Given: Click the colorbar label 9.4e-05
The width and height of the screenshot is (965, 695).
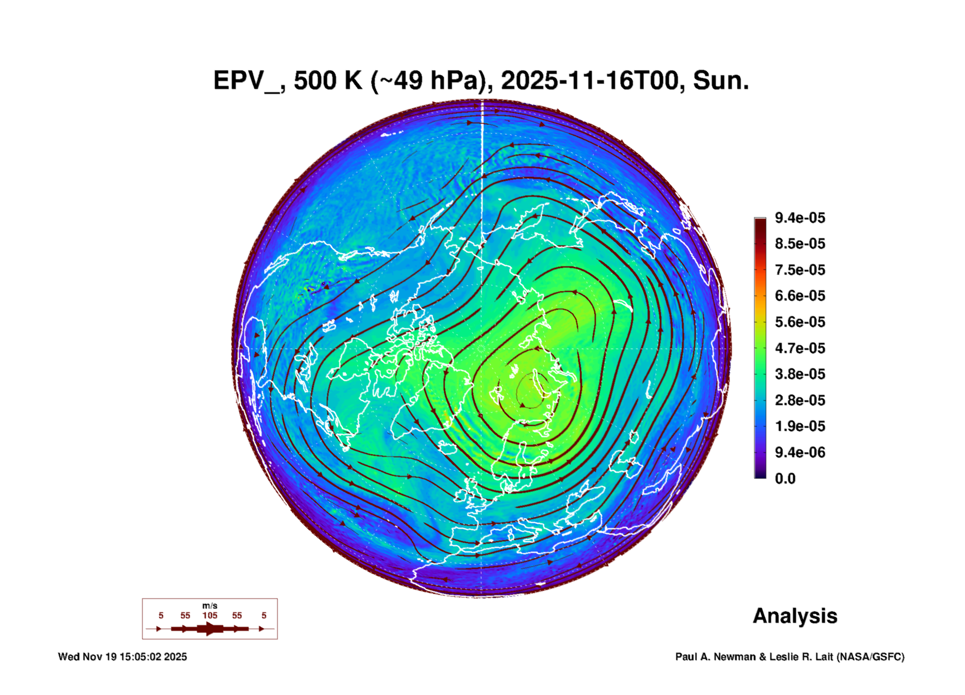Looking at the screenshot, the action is [800, 218].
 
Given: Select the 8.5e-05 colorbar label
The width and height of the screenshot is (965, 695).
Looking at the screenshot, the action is [800, 244].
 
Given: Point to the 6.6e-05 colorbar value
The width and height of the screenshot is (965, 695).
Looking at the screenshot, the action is [800, 296].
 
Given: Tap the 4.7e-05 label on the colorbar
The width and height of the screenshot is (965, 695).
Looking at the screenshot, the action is [800, 348].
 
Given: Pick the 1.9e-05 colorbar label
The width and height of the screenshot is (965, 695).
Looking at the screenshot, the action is [800, 426].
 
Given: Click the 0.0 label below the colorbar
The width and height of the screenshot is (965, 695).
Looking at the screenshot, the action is [785, 479].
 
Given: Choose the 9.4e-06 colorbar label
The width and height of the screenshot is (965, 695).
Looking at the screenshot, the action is [800, 452].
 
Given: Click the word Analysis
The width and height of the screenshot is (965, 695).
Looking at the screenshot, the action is [795, 616].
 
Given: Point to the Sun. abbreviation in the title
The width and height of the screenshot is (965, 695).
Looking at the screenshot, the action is [721, 81].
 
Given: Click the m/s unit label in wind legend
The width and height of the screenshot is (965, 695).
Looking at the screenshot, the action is [210, 606].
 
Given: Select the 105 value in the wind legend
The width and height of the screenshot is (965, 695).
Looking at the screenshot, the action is [210, 615].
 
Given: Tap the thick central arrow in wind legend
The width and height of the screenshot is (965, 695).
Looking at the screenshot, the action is [210, 629].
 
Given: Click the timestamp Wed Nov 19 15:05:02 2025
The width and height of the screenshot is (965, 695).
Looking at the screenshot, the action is [123, 657].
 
